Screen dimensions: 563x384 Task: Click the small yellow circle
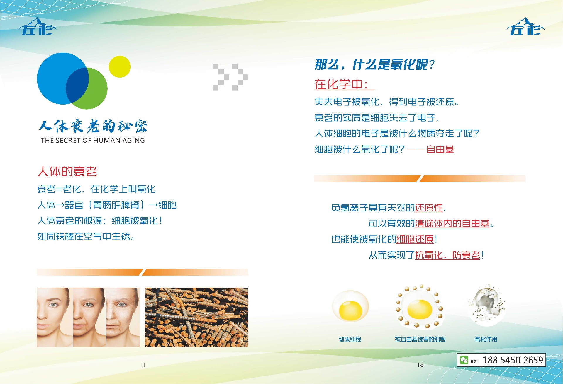(x=120, y=67)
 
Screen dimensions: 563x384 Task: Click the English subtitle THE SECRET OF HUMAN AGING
(x=93, y=140)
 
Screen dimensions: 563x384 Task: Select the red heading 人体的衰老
(x=67, y=172)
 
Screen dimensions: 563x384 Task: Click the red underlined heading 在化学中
(x=341, y=84)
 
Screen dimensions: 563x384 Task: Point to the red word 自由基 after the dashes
(x=440, y=149)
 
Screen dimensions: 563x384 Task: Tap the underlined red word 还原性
(x=429, y=208)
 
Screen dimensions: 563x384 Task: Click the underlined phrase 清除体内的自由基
(x=452, y=224)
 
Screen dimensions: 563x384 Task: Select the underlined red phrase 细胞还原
(x=415, y=240)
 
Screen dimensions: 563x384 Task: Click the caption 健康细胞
(x=350, y=339)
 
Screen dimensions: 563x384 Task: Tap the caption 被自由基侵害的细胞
(x=420, y=339)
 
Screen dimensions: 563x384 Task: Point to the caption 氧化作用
(x=486, y=339)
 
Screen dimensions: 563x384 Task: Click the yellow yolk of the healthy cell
(x=350, y=311)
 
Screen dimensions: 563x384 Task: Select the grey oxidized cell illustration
(x=487, y=305)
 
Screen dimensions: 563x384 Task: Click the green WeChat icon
(x=464, y=360)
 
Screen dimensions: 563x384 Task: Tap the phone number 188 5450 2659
(x=513, y=360)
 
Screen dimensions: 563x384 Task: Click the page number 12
(x=420, y=365)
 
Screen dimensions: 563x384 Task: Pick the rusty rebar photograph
(x=197, y=317)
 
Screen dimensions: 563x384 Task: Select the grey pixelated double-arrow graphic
(x=230, y=77)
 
